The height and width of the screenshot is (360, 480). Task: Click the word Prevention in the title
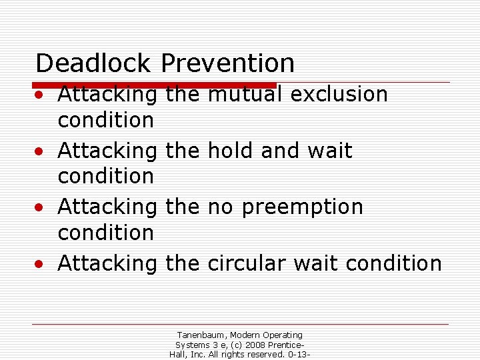(x=227, y=63)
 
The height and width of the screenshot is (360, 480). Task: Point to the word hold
(x=231, y=151)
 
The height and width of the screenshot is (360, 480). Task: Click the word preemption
(x=303, y=207)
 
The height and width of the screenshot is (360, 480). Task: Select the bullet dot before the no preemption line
(x=41, y=208)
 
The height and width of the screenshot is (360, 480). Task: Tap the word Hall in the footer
(x=179, y=354)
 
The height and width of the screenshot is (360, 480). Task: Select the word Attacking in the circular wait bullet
(x=107, y=263)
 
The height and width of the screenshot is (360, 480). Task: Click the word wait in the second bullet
(x=329, y=151)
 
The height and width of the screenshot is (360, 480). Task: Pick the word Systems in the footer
(x=193, y=345)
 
